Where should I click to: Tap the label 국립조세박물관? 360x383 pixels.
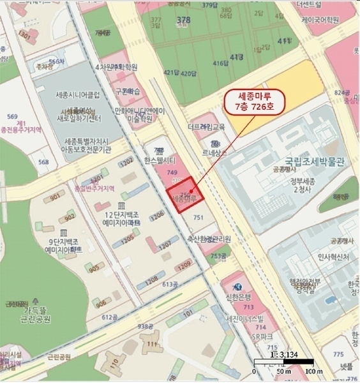tap(306, 161)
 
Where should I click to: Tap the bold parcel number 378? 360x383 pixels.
tap(181, 20)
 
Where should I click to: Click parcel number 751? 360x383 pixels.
tap(198, 218)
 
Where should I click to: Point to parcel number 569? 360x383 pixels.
tap(12, 116)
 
